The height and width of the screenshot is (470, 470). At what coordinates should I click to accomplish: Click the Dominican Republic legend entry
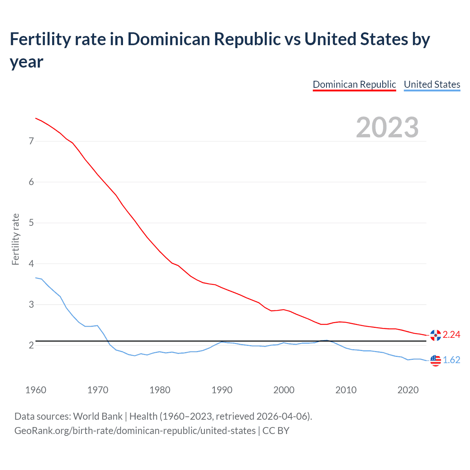tap(354, 84)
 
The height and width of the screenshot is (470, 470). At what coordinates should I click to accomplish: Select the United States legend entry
tap(432, 84)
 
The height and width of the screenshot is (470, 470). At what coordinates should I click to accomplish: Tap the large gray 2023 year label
tap(387, 127)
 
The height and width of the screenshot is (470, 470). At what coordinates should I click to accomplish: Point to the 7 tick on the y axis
tap(31, 141)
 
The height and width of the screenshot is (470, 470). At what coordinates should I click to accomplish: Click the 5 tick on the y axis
tap(31, 223)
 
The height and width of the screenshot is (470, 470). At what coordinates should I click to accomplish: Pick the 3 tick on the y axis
tap(31, 304)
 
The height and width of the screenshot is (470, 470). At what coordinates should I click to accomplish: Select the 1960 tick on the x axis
tap(36, 390)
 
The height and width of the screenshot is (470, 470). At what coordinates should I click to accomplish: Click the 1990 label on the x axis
tap(222, 390)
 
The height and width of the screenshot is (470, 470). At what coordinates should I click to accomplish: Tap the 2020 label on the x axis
tap(408, 390)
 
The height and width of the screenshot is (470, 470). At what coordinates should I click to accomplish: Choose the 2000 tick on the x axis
tap(284, 390)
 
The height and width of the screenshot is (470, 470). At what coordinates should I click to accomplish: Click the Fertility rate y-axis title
tap(15, 239)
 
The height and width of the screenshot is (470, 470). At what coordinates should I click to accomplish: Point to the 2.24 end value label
tap(451, 335)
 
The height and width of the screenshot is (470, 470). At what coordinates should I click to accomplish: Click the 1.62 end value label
tap(451, 360)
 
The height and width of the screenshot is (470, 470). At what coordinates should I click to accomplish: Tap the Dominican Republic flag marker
tap(435, 335)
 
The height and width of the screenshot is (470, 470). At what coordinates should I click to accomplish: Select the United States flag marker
tap(435, 360)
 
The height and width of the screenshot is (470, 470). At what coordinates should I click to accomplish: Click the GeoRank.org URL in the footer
tap(135, 430)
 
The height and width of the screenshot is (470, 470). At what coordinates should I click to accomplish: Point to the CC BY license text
tap(276, 430)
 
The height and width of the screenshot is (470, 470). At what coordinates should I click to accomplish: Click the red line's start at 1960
tap(36, 118)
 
